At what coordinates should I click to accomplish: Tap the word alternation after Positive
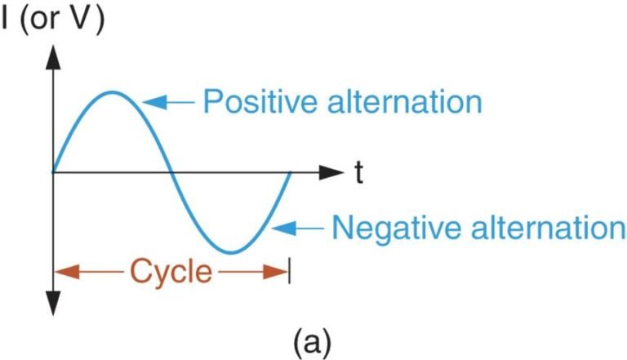[x=405, y=101]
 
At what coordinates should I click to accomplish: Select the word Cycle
[x=171, y=272]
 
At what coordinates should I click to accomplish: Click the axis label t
[x=359, y=173]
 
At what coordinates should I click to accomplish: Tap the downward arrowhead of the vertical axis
[x=53, y=303]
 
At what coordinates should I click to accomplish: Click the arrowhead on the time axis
[x=331, y=172]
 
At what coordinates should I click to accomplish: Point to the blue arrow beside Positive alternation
[x=168, y=102]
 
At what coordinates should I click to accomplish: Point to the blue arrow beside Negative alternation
[x=297, y=229]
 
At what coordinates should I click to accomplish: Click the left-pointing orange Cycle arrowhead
[x=67, y=272]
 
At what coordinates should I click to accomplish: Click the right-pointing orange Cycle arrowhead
[x=275, y=272]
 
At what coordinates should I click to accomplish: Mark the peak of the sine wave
[x=113, y=93]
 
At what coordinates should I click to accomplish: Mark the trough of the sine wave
[x=232, y=252]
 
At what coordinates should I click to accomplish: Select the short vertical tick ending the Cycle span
[x=290, y=272]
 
